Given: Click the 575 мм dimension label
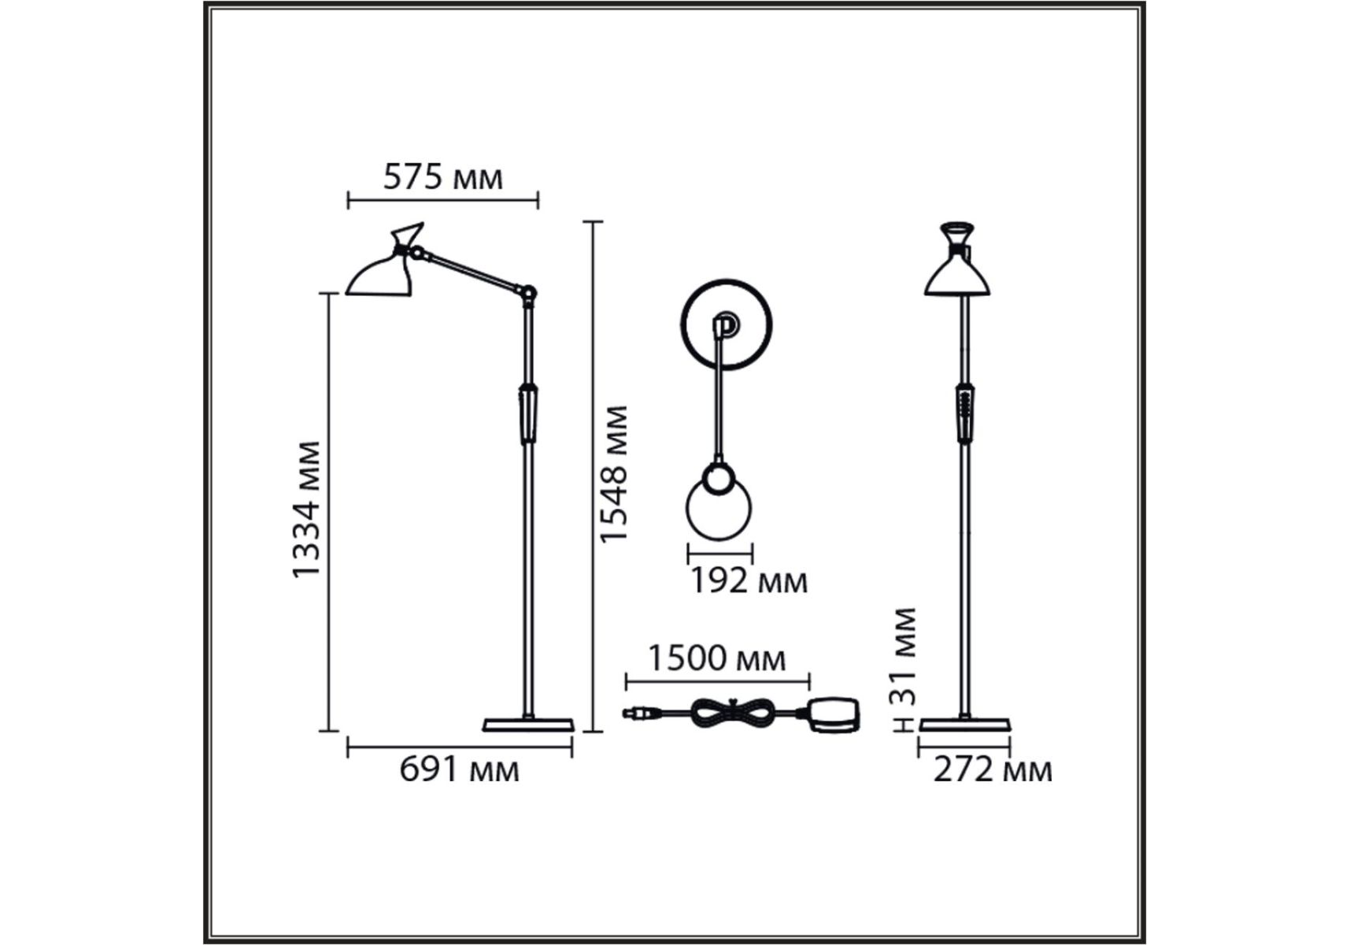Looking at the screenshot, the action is [442, 178].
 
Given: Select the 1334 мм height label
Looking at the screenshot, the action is [306, 510].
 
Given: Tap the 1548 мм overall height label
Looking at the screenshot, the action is [613, 474].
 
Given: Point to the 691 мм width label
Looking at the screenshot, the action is [460, 769].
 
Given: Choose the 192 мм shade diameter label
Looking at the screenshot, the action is [749, 581].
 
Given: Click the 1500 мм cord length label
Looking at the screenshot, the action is [716, 658].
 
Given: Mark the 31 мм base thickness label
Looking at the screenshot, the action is [905, 655].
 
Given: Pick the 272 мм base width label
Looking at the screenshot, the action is [993, 769].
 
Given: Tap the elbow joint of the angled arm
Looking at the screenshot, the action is [529, 294].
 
